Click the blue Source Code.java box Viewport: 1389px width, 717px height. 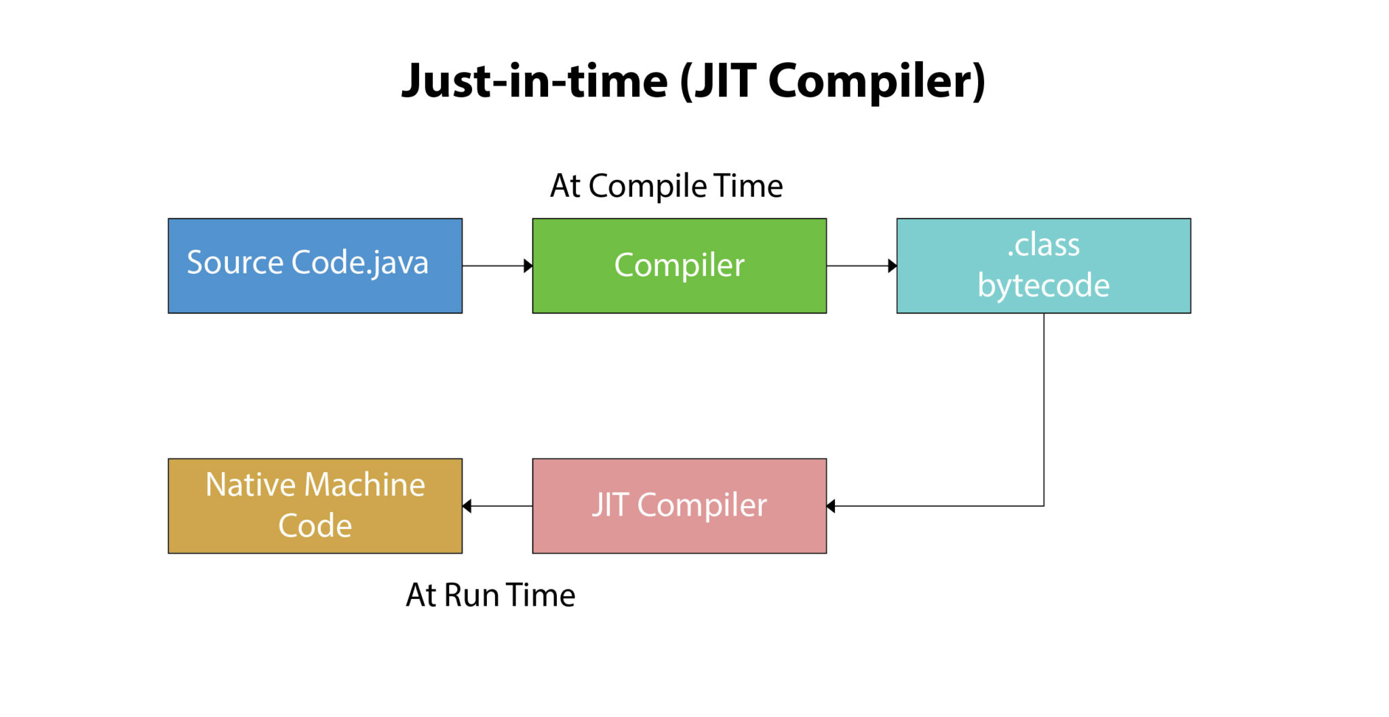coord(315,266)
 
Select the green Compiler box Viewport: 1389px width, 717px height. coord(679,266)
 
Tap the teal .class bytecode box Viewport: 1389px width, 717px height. coord(1043,266)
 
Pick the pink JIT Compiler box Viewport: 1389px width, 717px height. coord(679,506)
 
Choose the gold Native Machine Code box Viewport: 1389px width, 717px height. coord(315,506)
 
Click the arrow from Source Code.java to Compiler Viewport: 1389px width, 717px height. coord(497,266)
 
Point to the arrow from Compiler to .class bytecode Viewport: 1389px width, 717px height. coord(861,266)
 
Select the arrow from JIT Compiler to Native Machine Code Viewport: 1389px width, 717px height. coord(497,506)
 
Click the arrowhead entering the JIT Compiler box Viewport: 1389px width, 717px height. coord(831,506)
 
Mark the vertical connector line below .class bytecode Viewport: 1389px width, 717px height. coord(1044,407)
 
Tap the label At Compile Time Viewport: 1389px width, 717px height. coord(666,186)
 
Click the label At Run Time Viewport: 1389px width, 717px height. coord(490,595)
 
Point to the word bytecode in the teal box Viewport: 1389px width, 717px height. coord(1043,286)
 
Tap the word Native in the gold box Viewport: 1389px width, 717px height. coord(250,485)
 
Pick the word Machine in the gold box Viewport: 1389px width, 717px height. coord(364,485)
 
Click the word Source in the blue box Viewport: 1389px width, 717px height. coord(235,263)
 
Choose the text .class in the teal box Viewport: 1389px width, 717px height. coord(1043,245)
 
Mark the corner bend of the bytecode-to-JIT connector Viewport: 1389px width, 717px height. coord(1044,506)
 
